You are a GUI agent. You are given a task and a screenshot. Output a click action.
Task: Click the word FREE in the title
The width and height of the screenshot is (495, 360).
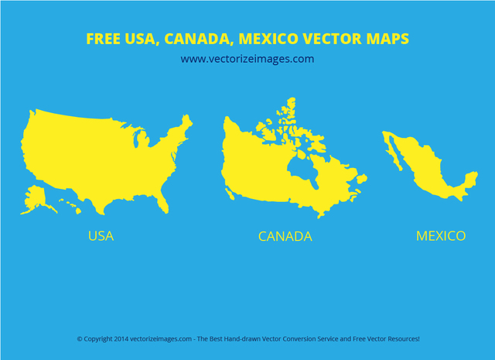click(101, 38)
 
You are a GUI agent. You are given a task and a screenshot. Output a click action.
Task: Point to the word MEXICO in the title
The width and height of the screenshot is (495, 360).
click(267, 38)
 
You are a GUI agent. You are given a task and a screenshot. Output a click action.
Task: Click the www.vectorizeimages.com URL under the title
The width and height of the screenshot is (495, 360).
click(247, 59)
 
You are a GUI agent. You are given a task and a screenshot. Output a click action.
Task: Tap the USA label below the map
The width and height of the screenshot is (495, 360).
click(101, 236)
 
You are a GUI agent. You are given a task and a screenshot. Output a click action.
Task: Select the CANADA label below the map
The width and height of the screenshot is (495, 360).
click(285, 236)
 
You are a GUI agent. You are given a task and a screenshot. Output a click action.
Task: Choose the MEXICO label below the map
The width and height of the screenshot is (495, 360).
click(441, 235)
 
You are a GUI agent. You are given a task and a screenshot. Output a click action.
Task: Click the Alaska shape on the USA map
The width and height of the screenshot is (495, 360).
click(36, 197)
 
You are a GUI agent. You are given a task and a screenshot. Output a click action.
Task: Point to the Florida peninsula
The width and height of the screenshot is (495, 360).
click(162, 203)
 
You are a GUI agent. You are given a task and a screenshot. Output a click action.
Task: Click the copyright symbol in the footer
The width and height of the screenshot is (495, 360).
click(79, 339)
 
